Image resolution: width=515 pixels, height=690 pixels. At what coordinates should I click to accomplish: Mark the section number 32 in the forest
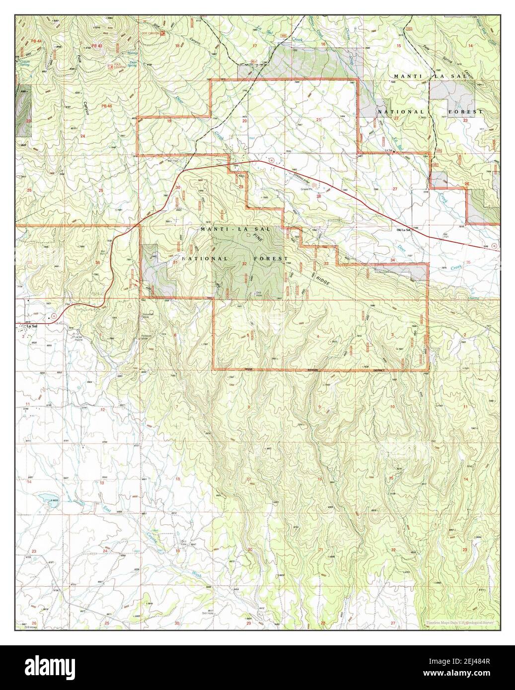244,264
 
